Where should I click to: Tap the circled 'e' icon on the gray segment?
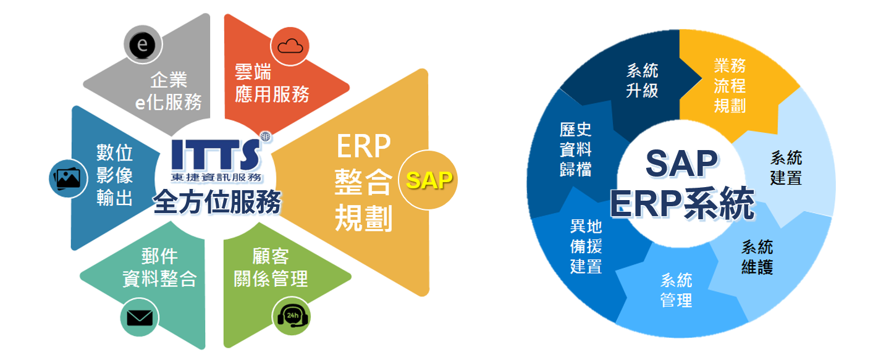[143, 45]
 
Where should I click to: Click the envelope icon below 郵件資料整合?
[140, 318]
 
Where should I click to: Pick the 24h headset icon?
[291, 318]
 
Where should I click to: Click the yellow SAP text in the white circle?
[429, 180]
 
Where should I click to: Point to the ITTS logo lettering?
[214, 154]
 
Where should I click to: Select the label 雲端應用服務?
[272, 83]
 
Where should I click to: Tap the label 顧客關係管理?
[271, 267]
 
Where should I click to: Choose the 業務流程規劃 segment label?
[730, 86]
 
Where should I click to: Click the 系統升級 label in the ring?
[643, 80]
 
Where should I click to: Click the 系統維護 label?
[757, 257]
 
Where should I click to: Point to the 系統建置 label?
[786, 168]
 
